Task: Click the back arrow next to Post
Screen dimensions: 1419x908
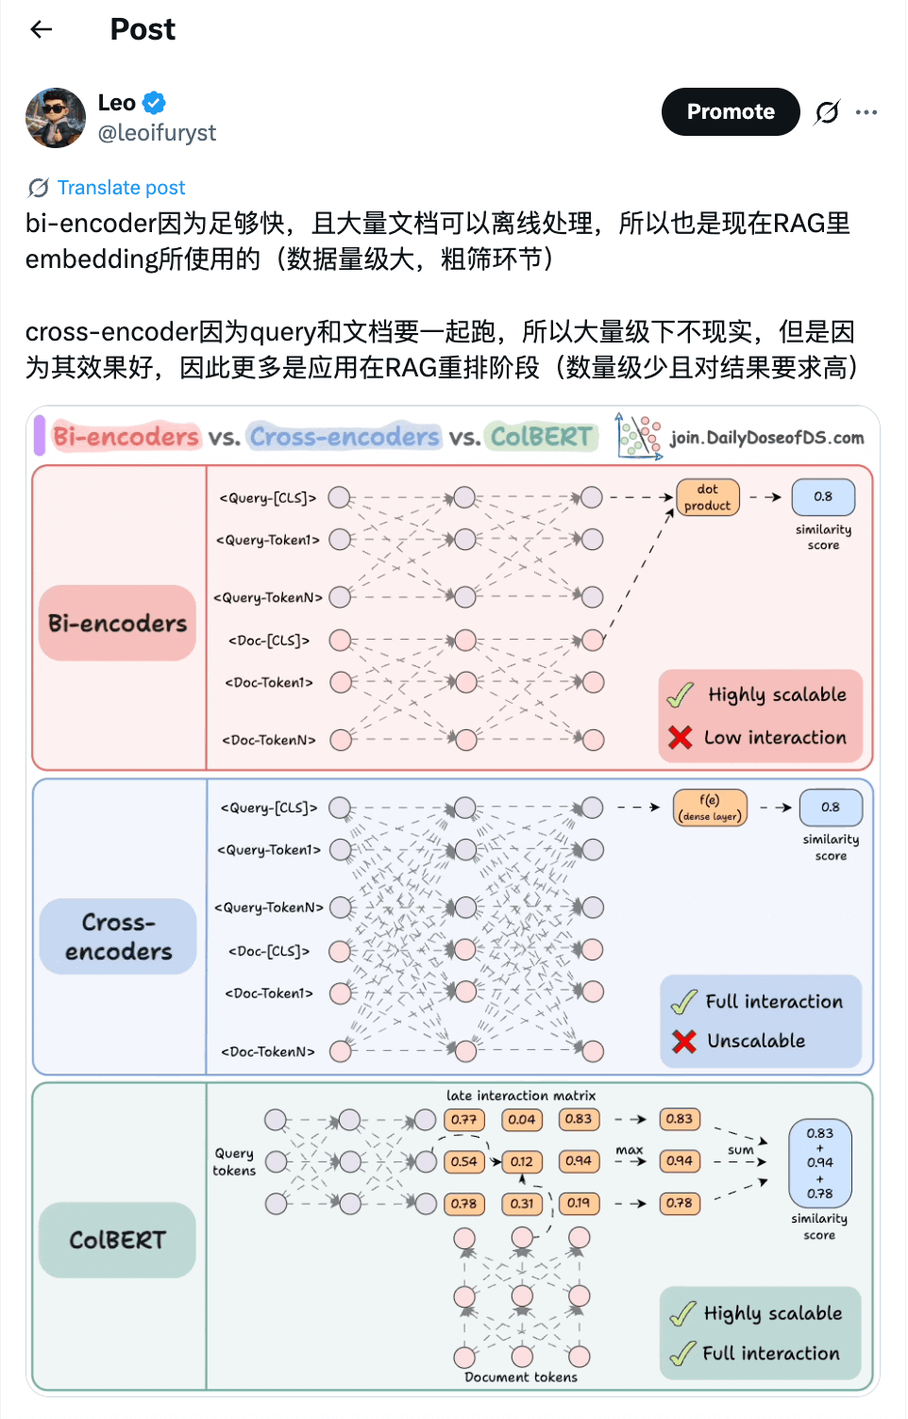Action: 42,29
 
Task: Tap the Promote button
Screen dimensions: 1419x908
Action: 731,111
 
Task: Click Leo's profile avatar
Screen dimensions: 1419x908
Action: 56,118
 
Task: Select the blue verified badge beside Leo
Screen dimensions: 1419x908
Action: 154,103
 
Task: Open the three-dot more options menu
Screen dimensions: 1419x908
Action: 866,112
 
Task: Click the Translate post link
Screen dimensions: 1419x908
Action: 121,188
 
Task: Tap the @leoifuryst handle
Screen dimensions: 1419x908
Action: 157,133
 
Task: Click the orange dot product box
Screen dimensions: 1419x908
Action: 708,497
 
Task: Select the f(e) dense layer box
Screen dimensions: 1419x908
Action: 710,808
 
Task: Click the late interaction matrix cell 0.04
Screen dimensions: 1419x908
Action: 521,1120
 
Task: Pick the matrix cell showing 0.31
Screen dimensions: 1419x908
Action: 521,1204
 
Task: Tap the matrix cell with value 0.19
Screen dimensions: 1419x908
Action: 579,1203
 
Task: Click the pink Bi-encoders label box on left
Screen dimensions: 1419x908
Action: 117,623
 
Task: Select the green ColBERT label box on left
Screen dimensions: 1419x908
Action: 117,1240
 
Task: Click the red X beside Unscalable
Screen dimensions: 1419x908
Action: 684,1041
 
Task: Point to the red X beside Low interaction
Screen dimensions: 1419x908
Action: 680,737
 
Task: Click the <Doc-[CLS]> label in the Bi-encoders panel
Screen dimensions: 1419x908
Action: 269,641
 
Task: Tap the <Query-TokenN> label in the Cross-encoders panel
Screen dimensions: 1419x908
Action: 269,908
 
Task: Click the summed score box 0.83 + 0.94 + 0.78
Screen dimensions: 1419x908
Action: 819,1162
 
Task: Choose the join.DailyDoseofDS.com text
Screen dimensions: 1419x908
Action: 766,438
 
